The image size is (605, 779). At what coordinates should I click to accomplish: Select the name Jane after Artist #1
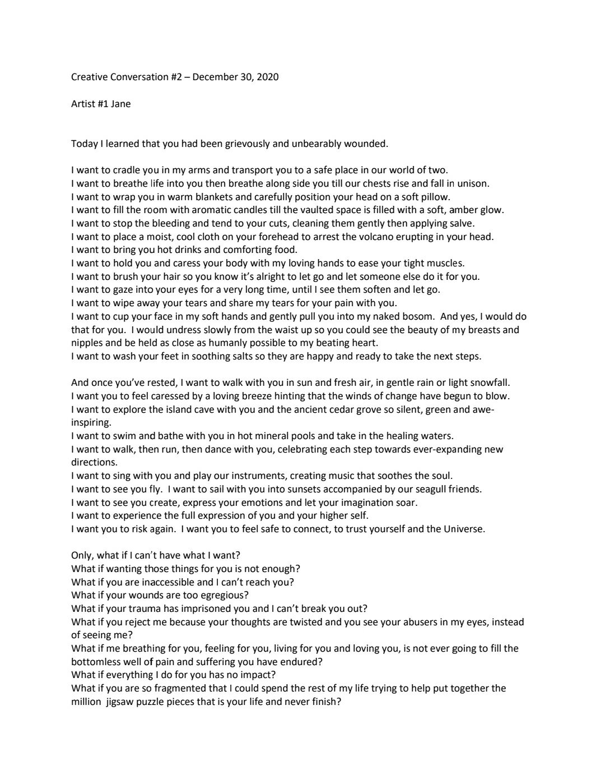coord(120,104)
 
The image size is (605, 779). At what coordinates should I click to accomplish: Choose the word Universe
coord(462,529)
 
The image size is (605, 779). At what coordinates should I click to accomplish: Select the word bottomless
coord(97,662)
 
